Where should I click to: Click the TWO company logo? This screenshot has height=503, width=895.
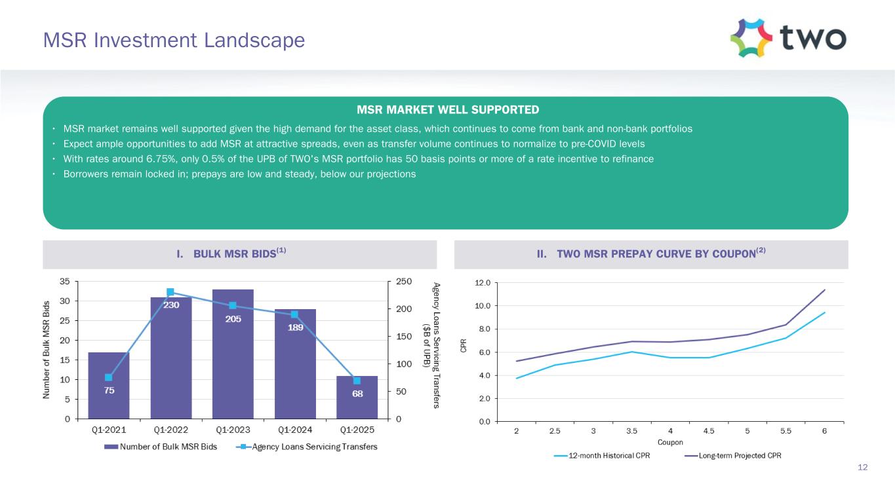[787, 38]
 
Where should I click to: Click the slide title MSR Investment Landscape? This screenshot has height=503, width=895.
[174, 41]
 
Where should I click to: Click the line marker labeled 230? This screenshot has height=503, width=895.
[170, 292]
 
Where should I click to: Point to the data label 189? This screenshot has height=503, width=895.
[295, 329]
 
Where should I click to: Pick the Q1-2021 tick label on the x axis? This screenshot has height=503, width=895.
[108, 430]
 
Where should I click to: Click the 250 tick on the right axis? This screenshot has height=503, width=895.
[403, 282]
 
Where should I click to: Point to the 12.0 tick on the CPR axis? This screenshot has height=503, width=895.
[483, 283]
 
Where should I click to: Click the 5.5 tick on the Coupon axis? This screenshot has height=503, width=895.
[786, 430]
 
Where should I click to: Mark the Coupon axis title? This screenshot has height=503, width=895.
[670, 442]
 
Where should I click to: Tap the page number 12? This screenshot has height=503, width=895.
[863, 467]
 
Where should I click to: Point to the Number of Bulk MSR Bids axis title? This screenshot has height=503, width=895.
[47, 350]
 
